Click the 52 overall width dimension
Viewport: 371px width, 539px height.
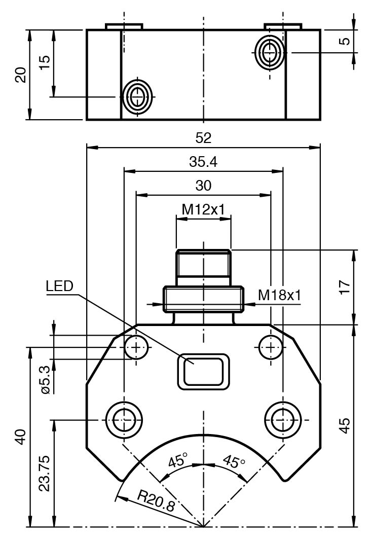203,138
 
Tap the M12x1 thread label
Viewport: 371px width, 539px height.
203,209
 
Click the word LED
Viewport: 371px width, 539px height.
59,286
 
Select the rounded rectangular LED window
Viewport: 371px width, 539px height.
203,372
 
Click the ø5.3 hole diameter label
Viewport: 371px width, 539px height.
45,379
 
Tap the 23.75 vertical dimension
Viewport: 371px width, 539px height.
45,473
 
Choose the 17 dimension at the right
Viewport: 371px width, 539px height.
344,287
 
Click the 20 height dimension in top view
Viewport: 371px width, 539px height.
21,75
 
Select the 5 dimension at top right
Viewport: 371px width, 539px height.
345,41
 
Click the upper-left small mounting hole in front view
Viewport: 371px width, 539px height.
136,347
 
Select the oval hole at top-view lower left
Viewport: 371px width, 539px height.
137,96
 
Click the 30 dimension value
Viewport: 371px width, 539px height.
203,186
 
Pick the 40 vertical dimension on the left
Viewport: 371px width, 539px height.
21,437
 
